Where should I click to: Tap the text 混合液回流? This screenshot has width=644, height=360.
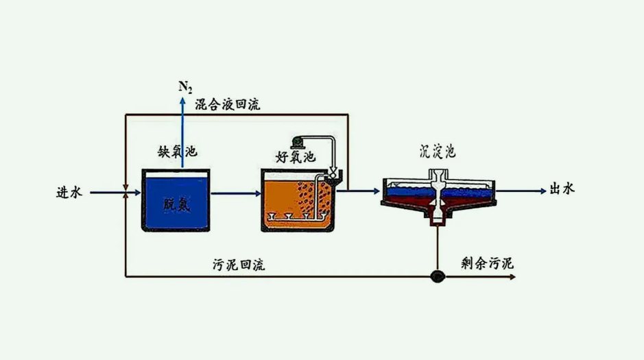coord(227,105)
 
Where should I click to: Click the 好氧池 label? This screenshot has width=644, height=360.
coord(295,157)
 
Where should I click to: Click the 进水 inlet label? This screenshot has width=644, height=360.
coord(69,193)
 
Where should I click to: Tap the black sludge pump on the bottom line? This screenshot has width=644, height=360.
coord(437,276)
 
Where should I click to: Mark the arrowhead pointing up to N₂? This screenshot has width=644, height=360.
coord(182,100)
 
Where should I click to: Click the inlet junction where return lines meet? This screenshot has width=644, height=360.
coord(125,193)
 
